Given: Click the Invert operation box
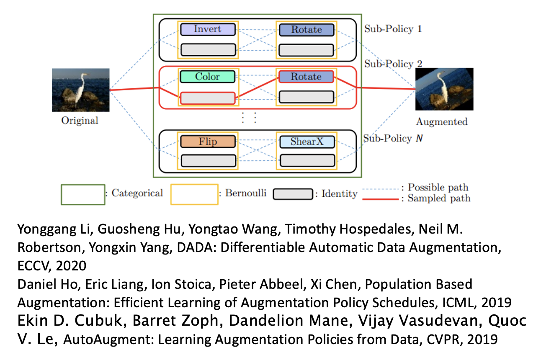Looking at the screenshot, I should click(x=208, y=29).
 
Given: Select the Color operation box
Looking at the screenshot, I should click(x=208, y=77).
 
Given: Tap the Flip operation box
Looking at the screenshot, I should click(x=208, y=141).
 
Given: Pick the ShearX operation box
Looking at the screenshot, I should click(x=307, y=141).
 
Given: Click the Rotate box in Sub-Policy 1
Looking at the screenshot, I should click(x=307, y=30).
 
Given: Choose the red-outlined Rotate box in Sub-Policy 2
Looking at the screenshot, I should click(x=307, y=77).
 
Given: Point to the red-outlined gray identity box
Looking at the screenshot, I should click(x=208, y=98).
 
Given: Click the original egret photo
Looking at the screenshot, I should click(x=80, y=90).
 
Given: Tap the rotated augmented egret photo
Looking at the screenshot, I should click(x=444, y=89).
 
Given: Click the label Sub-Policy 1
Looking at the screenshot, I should click(x=393, y=29).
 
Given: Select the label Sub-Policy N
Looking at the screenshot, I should click(x=393, y=138).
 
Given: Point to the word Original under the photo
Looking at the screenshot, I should click(x=80, y=121).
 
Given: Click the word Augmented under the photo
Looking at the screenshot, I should click(x=441, y=122).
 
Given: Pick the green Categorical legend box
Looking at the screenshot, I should click(x=83, y=194).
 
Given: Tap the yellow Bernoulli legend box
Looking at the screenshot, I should click(x=194, y=194).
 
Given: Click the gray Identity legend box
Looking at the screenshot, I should click(x=293, y=194).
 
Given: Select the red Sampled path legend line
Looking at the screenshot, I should click(x=380, y=199).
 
